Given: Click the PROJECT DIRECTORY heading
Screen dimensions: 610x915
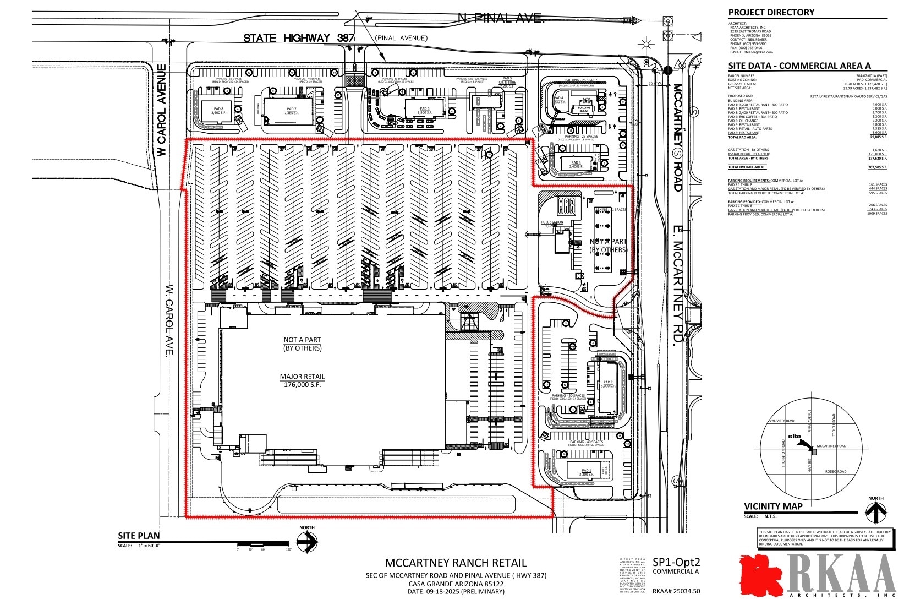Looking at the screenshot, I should [x=771, y=13].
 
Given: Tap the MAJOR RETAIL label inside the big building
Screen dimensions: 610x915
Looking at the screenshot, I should [x=302, y=377].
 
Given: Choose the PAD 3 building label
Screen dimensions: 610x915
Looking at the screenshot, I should [x=576, y=164].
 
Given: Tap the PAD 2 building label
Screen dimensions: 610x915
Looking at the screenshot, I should [x=607, y=384].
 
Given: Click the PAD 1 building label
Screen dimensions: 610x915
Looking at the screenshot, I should [x=585, y=472].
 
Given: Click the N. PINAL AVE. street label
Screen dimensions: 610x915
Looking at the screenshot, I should [x=500, y=19].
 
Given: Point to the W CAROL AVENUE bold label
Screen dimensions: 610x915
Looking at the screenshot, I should [x=162, y=110].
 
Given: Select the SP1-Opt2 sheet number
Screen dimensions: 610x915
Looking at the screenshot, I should [x=676, y=562].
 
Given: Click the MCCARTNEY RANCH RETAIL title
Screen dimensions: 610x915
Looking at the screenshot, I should [x=455, y=563].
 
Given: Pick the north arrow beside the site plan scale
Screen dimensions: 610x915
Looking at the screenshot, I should [x=307, y=542].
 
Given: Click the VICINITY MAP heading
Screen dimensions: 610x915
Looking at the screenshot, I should [x=773, y=506].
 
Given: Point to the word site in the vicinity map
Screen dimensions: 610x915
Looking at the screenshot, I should [x=795, y=436].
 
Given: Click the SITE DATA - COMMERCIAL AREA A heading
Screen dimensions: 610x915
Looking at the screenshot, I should [x=799, y=66].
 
